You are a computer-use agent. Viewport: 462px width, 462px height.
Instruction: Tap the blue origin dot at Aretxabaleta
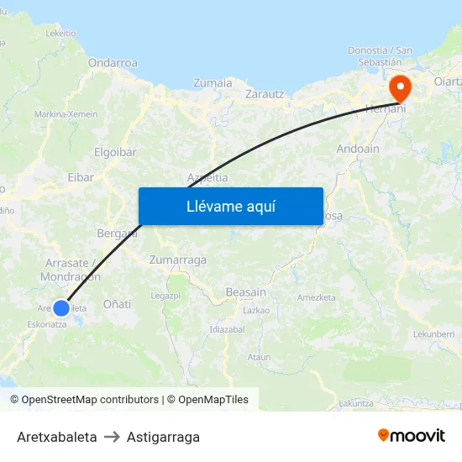tap(61, 308)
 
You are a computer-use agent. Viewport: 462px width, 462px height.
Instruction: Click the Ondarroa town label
tap(113, 62)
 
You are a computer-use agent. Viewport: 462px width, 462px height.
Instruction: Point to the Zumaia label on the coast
tap(213, 82)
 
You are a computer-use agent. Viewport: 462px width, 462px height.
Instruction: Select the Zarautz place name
tap(265, 94)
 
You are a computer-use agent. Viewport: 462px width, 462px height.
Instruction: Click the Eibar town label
tap(81, 177)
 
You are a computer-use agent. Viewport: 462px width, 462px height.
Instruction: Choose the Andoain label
tap(358, 149)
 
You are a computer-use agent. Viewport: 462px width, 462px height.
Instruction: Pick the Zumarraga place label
tap(177, 260)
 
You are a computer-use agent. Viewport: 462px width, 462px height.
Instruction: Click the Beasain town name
tap(246, 291)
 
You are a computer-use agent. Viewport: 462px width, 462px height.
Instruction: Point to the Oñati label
tap(117, 303)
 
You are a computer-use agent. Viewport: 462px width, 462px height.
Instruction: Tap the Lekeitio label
tap(60, 34)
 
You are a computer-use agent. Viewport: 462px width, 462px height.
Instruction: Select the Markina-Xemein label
tap(66, 114)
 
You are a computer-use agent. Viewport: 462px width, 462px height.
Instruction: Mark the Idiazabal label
tap(227, 329)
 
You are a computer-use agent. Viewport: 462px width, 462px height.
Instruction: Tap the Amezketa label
tap(316, 297)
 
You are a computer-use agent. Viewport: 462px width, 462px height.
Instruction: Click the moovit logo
tap(411, 436)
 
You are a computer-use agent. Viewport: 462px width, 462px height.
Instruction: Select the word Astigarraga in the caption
tap(163, 437)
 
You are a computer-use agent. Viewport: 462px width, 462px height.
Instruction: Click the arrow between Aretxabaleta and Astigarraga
tap(112, 437)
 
